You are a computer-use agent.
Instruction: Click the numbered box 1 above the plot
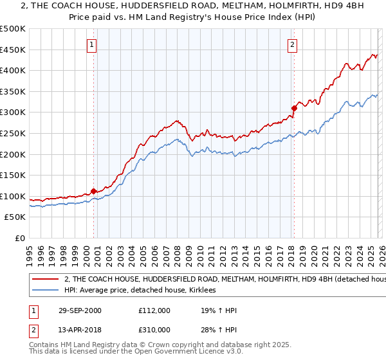93,45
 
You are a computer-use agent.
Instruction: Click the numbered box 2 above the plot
293,45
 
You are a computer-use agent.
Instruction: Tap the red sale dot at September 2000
94,191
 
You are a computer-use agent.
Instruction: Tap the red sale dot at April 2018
294,108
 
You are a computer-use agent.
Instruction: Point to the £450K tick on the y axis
13,50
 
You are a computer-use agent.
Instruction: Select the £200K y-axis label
13,154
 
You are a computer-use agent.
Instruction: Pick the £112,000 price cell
153,310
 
